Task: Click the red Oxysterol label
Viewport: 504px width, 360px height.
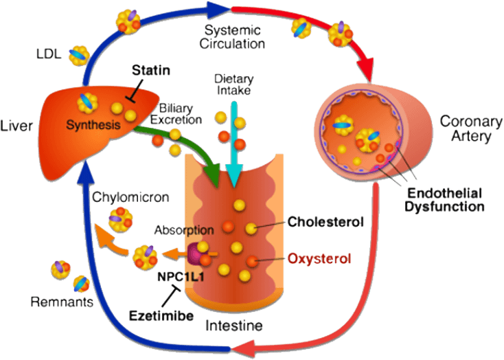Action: click(x=320, y=259)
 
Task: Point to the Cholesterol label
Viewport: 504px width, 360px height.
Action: click(x=325, y=222)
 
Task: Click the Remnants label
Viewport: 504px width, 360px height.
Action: click(x=62, y=301)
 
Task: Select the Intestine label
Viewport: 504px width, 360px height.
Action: click(x=233, y=325)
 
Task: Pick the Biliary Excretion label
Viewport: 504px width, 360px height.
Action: click(x=181, y=113)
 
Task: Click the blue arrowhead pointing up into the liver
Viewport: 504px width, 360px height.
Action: click(x=82, y=175)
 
